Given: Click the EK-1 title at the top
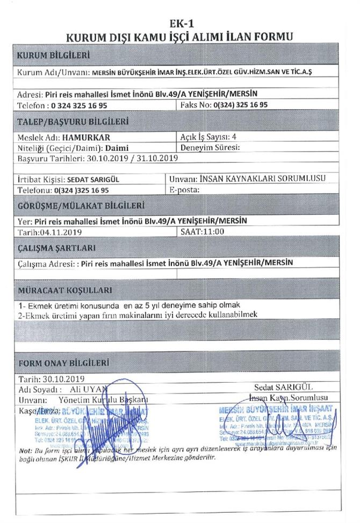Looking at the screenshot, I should click(179, 24).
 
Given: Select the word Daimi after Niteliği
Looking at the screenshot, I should click(117, 147).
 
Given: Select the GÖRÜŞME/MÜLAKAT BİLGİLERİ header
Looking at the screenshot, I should click(81, 205).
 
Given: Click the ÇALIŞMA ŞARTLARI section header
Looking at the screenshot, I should click(57, 248).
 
